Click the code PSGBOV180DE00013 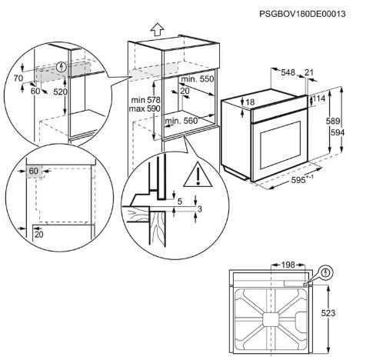click(302, 14)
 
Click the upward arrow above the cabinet click(157, 29)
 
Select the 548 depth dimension click(288, 72)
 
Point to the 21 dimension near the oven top click(309, 72)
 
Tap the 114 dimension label click(319, 98)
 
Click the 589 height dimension click(333, 121)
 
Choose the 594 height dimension click(338, 132)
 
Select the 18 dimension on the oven click(250, 102)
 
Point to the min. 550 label click(198, 79)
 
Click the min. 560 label click(181, 121)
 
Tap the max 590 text click(145, 108)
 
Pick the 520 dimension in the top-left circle click(60, 92)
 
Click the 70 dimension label click(18, 78)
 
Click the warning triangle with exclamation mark click(198, 174)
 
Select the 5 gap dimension click(180, 202)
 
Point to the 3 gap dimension click(200, 208)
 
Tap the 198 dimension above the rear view click(288, 265)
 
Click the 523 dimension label click(328, 313)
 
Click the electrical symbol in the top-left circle click(61, 67)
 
